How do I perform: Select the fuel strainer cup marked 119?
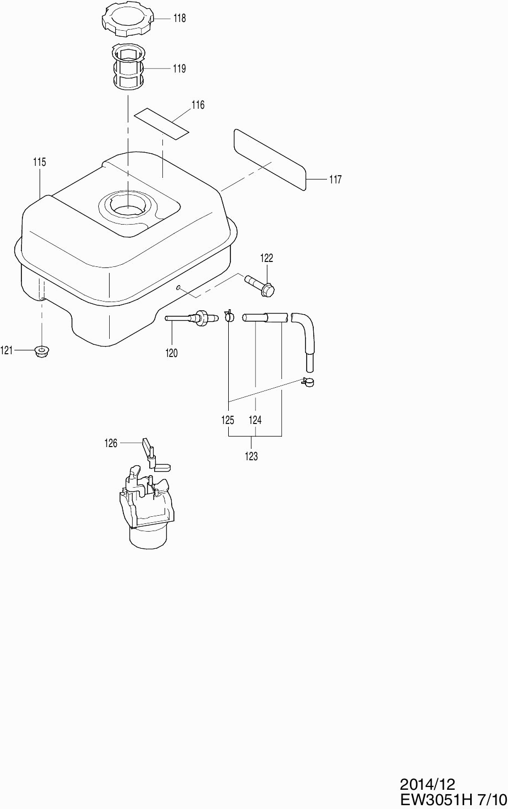(128, 67)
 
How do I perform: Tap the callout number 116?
(197, 105)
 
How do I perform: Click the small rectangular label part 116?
(162, 123)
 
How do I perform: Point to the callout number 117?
(335, 180)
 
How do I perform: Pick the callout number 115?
(39, 162)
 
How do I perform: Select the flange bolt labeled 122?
(260, 284)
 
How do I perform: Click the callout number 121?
(7, 350)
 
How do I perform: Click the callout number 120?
(172, 353)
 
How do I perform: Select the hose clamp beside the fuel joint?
(229, 316)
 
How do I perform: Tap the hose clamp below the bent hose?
(308, 382)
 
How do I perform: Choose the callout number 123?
(251, 456)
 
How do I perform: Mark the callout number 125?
(228, 420)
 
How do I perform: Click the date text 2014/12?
(428, 784)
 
